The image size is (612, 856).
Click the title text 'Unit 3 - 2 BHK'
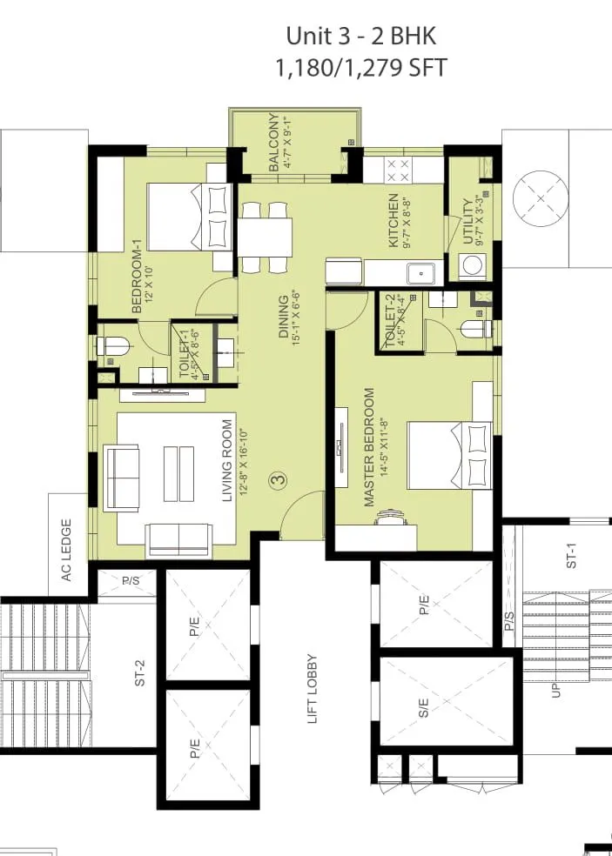(x=360, y=37)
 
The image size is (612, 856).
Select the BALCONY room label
(x=275, y=144)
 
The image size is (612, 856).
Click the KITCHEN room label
(x=393, y=219)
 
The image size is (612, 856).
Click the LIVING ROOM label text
(x=228, y=461)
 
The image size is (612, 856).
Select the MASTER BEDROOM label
(x=369, y=447)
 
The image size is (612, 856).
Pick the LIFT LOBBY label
(x=312, y=689)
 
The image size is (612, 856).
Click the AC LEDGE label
(x=65, y=550)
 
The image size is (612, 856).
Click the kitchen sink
(x=422, y=273)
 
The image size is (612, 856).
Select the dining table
(x=265, y=237)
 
